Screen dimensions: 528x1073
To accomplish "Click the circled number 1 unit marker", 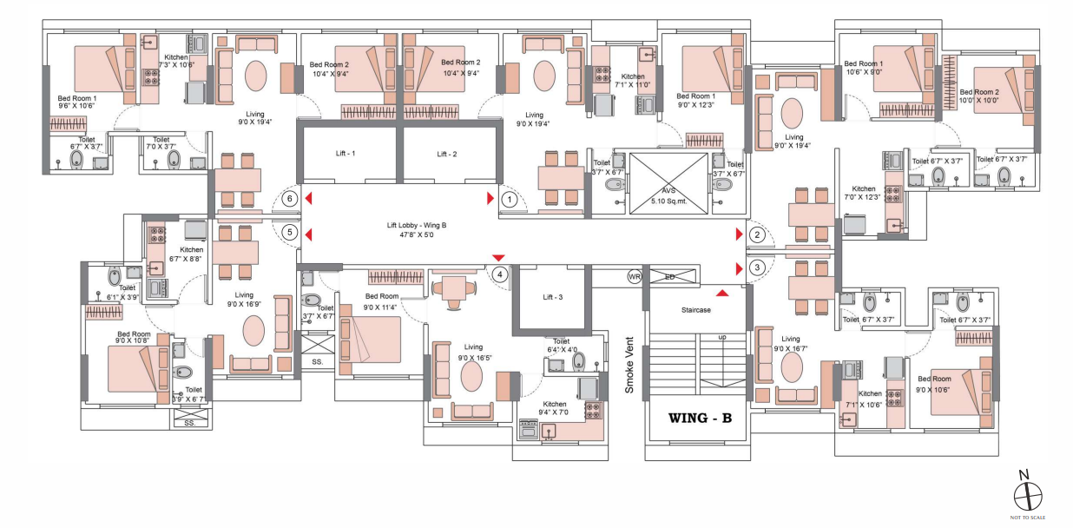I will point(510,199).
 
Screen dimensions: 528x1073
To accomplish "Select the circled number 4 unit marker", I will point(500,274).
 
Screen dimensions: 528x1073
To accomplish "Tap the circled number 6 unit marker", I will point(290,199).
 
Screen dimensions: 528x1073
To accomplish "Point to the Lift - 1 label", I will point(346,154).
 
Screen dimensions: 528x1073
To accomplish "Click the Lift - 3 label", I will point(553,297).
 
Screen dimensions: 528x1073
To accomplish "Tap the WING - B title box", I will point(699,419).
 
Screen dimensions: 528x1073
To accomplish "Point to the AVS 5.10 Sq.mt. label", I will point(668,196).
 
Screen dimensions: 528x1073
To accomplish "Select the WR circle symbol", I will point(635,276).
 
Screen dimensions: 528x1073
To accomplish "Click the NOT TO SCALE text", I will point(1028,518).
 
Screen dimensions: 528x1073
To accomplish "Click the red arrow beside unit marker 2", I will point(739,234).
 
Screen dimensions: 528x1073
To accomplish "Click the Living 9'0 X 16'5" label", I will point(473,351).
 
